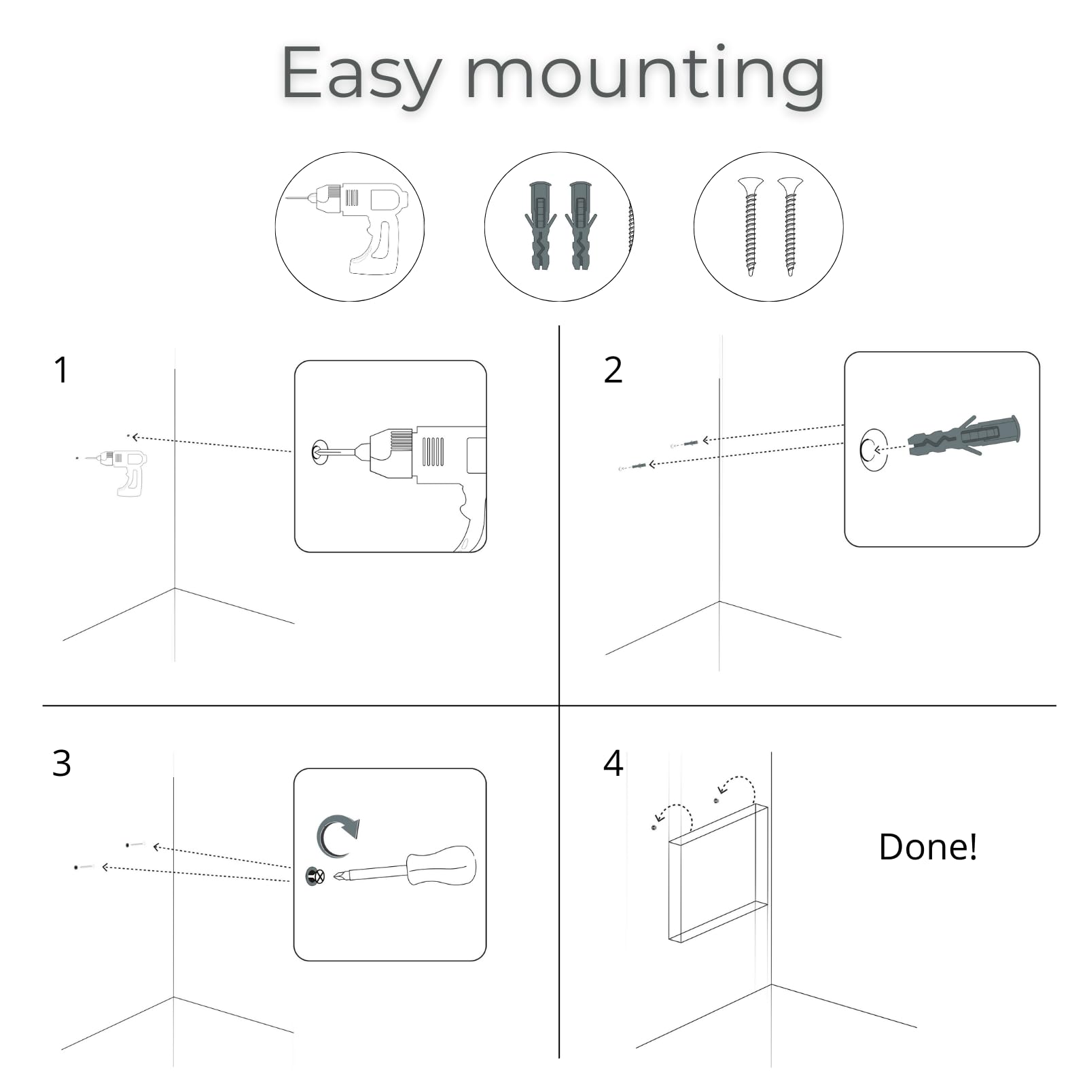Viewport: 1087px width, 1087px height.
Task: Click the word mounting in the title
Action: pyautogui.click(x=645, y=73)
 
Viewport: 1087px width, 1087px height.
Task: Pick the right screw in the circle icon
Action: pyautogui.click(x=789, y=226)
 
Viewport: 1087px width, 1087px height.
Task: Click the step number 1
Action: pyautogui.click(x=61, y=370)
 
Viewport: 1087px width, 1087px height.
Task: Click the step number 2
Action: pyautogui.click(x=613, y=370)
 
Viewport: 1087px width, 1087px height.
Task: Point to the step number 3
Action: pyautogui.click(x=61, y=764)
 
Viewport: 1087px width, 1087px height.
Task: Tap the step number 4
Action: pyautogui.click(x=613, y=764)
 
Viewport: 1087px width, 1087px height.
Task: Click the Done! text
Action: pyautogui.click(x=928, y=847)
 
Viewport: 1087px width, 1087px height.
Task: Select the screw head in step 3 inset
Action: pyautogui.click(x=316, y=876)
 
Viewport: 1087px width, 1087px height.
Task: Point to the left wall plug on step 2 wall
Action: pyautogui.click(x=637, y=467)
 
